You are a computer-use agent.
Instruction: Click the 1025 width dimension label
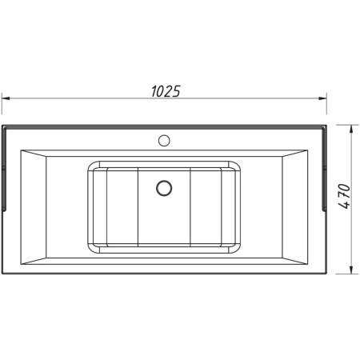166,91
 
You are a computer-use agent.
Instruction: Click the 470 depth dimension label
344,196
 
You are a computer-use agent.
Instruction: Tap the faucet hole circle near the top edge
164,140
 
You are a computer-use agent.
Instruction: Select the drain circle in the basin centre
164,188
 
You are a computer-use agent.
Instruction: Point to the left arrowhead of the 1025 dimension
6,98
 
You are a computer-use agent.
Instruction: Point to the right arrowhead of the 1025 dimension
323,98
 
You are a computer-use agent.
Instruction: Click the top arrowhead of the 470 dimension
351,129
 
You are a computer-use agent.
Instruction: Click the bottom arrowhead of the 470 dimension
351,270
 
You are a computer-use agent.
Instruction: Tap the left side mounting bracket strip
4,170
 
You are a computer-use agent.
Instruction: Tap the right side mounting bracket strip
324,170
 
